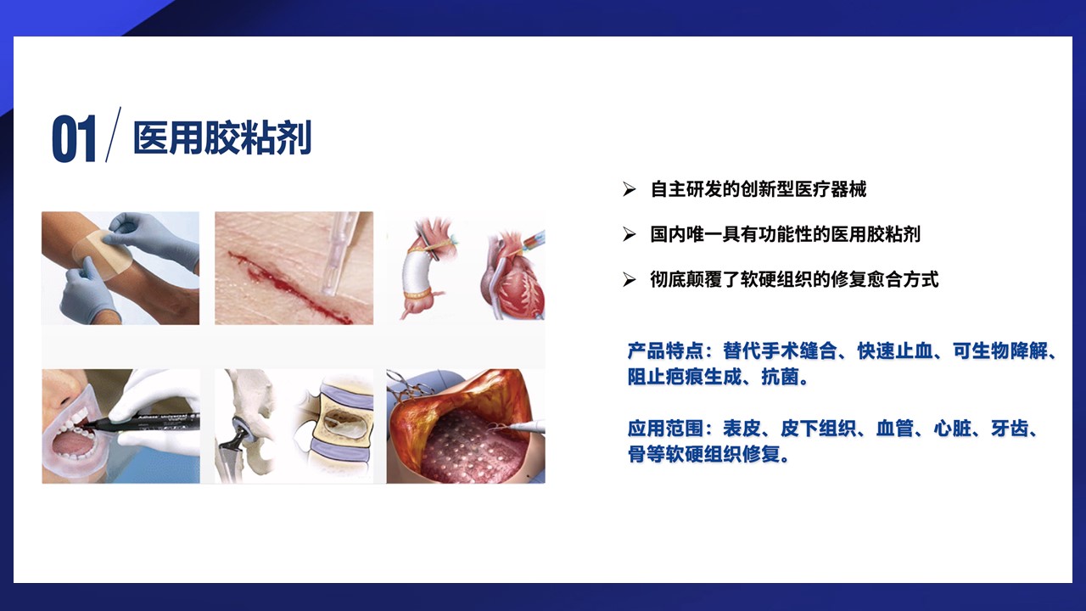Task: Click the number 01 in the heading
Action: [x=74, y=138]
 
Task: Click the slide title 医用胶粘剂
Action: [x=222, y=138]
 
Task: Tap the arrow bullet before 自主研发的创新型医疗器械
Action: [x=630, y=189]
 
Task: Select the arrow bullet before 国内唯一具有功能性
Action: [x=630, y=234]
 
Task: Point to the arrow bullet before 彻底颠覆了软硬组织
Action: [x=630, y=279]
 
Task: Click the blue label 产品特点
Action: [x=665, y=350]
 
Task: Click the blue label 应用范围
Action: [x=665, y=429]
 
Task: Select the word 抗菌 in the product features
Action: [x=780, y=376]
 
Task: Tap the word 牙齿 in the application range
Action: [x=1010, y=429]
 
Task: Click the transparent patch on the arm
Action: [x=102, y=255]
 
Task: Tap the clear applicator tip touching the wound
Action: [x=328, y=289]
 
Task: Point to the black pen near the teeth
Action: [x=144, y=423]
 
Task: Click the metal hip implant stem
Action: [x=236, y=449]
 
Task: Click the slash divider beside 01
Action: [x=113, y=134]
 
